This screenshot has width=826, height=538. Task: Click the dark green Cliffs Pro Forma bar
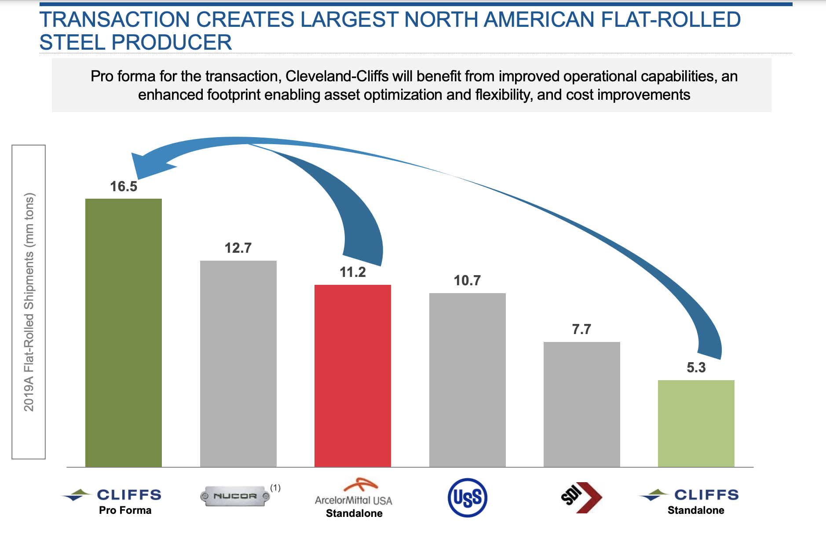point(124,332)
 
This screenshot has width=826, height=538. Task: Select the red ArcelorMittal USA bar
point(353,375)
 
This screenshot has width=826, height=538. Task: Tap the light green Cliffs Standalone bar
point(696,423)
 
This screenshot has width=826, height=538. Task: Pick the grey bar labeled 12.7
point(238,364)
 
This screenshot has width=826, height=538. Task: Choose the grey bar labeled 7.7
point(581,404)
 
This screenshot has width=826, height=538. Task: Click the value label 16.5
point(124,186)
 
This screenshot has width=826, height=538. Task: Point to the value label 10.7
point(467,280)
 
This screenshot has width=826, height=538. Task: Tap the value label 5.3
point(696,367)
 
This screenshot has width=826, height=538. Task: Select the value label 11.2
point(353,272)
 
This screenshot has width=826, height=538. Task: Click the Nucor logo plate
point(235,496)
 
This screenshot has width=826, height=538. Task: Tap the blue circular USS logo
point(467,498)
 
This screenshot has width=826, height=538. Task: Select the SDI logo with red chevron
point(581,497)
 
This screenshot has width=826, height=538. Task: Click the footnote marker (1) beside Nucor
point(275,487)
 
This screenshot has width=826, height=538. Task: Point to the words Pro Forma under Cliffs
point(125,510)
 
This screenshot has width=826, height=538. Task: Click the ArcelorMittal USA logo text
point(353,500)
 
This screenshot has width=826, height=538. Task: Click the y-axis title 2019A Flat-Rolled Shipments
point(29,302)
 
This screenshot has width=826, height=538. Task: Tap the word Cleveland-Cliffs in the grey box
point(337,76)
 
